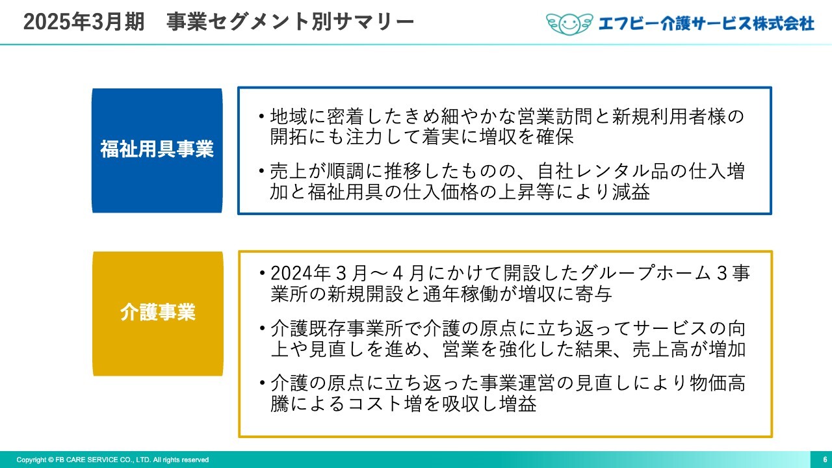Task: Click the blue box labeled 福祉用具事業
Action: pyautogui.click(x=157, y=150)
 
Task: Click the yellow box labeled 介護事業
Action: pyautogui.click(x=158, y=313)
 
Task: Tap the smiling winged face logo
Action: pyautogui.click(x=569, y=24)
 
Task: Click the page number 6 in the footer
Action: pyautogui.click(x=825, y=460)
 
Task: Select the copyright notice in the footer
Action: pyautogui.click(x=112, y=460)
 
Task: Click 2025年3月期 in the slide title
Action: pyautogui.click(x=84, y=22)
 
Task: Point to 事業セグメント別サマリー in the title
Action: pyautogui.click(x=290, y=22)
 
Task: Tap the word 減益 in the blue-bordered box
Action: pyautogui.click(x=631, y=192)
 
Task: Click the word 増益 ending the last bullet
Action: pyautogui.click(x=518, y=404)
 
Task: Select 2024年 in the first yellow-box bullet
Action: pyautogui.click(x=301, y=274)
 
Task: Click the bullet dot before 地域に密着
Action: pyautogui.click(x=262, y=116)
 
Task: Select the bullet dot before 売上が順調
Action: pyautogui.click(x=262, y=171)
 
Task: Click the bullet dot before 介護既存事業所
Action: pyautogui.click(x=262, y=328)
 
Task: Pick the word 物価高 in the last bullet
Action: pyautogui.click(x=718, y=383)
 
